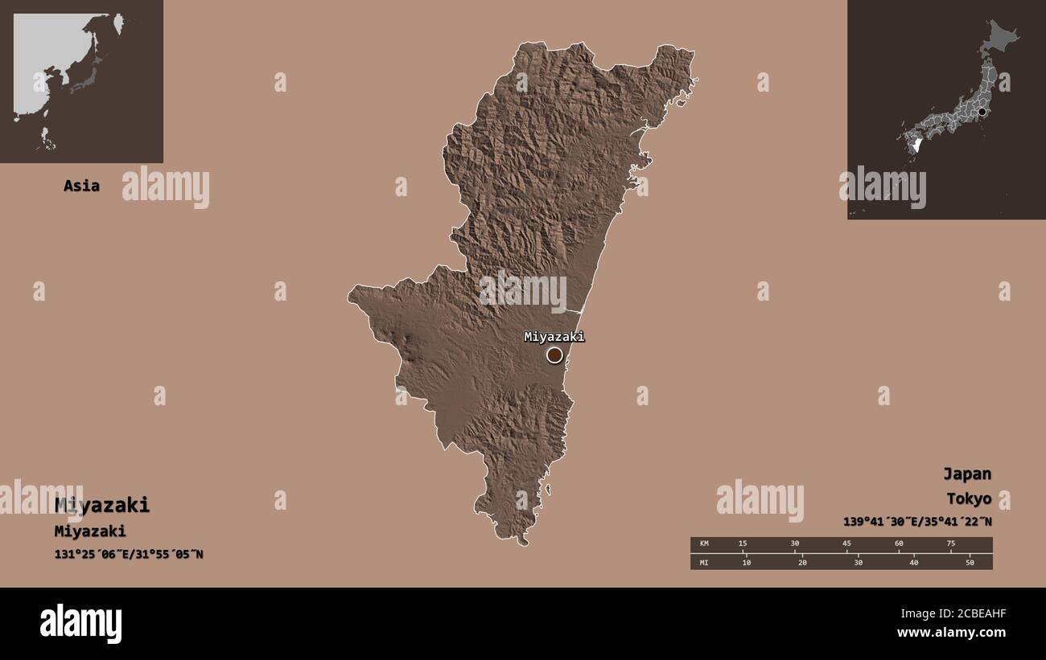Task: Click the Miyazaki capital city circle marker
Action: (554, 355)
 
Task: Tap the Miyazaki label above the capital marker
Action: (554, 337)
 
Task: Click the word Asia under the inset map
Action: (81, 186)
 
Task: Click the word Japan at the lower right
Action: (967, 473)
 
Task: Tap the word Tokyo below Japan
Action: (968, 498)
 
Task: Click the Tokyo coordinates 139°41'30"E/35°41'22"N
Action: (917, 521)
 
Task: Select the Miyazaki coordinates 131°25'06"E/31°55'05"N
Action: (129, 554)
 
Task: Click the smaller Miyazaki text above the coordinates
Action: (90, 531)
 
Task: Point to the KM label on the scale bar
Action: (705, 544)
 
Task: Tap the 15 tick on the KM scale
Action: (743, 544)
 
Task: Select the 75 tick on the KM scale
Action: (950, 544)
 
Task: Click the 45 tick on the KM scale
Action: (846, 544)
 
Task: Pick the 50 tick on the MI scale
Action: (970, 562)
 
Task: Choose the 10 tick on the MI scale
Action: (747, 562)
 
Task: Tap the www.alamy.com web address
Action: (951, 633)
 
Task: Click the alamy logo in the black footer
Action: (81, 624)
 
